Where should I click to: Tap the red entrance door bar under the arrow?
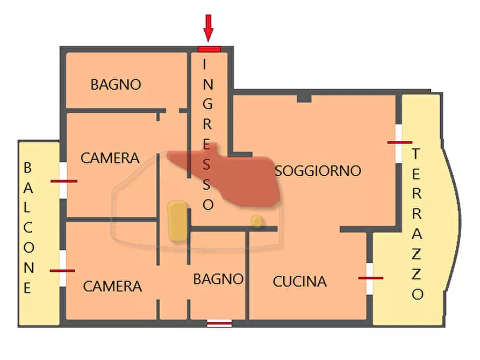pos(209,49)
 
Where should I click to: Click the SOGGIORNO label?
pos(318,171)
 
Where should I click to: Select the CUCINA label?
pos(300,282)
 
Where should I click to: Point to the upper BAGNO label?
pos(116,84)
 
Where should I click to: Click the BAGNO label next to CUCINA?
pos(218,279)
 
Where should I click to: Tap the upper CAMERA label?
pos(110,158)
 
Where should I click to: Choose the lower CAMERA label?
pos(112,286)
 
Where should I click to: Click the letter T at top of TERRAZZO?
pos(415,154)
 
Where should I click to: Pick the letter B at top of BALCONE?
pos(28,168)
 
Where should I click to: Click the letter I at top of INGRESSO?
pos(205,64)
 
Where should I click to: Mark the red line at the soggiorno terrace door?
pos(399,142)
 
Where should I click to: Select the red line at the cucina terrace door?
pos(371,278)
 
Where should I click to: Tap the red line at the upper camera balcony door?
pos(64,181)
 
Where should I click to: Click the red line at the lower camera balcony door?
pos(62,271)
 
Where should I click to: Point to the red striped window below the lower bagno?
pos(219,323)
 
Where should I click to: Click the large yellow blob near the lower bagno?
pos(177,220)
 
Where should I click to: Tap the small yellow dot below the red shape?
pos(257,221)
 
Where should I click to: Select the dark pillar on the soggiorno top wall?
pos(304,98)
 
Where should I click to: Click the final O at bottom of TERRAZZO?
pos(418,294)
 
